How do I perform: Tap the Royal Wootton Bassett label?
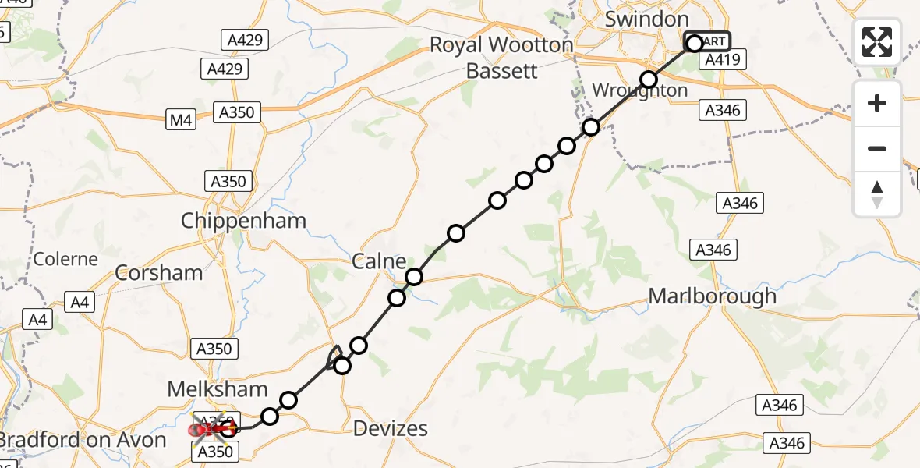[x=502, y=58]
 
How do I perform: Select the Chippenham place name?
[x=243, y=221]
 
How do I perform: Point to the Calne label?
[x=379, y=261]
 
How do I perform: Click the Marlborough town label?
[x=713, y=296]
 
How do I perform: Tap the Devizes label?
[x=391, y=428]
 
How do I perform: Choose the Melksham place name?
[x=218, y=389]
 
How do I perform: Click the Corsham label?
[x=158, y=273]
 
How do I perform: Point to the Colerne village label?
[x=65, y=259]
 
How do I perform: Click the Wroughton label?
[x=640, y=90]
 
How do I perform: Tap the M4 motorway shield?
[x=180, y=120]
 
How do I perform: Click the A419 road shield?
[x=725, y=60]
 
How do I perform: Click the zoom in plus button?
[x=877, y=103]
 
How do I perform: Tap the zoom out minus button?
[x=877, y=148]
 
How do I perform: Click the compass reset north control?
[x=877, y=193]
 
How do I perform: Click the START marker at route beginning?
[x=707, y=41]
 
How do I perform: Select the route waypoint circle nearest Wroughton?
[x=649, y=79]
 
